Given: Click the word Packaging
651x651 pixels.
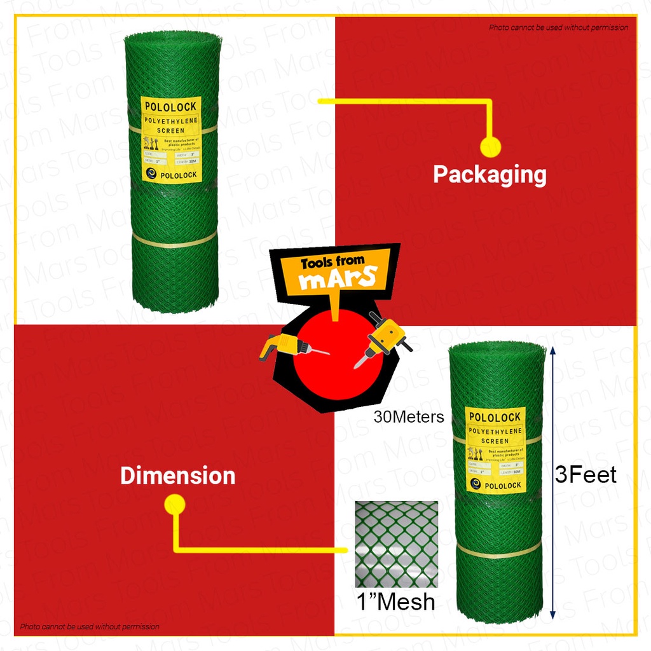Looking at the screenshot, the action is click(x=490, y=174).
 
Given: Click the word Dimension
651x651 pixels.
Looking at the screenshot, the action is click(x=178, y=476).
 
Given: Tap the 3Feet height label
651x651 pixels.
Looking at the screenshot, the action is click(x=586, y=475).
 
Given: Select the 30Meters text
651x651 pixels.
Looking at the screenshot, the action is click(x=409, y=417).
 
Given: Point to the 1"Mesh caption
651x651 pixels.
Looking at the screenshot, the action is click(x=396, y=601).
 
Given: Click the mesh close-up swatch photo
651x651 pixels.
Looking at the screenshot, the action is click(x=396, y=544).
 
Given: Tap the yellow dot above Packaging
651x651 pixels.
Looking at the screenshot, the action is click(x=490, y=147).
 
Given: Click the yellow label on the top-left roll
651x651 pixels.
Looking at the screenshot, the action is click(x=171, y=139).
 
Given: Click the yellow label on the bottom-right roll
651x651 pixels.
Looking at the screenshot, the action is click(x=495, y=449).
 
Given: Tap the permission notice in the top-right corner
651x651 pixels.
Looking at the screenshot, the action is click(x=558, y=27).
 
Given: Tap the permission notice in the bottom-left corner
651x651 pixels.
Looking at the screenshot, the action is click(x=90, y=627).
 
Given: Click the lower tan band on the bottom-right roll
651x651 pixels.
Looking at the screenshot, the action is click(x=498, y=551).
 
